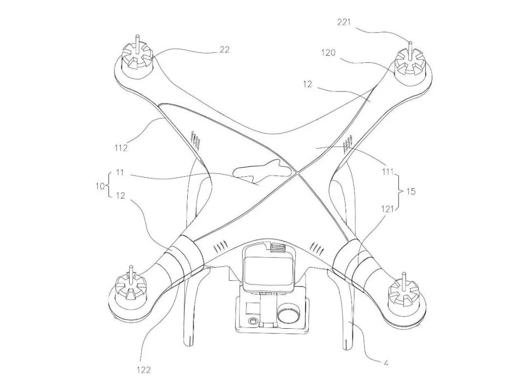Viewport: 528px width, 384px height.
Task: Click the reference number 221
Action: [344, 22]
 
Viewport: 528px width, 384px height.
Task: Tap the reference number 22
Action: [224, 49]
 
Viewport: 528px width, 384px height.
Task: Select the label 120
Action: [328, 52]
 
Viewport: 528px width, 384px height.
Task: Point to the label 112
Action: [121, 148]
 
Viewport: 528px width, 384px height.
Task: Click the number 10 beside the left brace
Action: [100, 186]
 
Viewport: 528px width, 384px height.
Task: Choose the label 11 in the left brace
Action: [120, 173]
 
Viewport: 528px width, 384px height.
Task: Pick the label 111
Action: [388, 172]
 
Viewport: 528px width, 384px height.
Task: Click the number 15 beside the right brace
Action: [411, 192]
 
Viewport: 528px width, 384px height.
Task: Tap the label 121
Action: [388, 209]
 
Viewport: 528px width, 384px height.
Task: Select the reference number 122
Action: [144, 370]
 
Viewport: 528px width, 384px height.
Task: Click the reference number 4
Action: [386, 363]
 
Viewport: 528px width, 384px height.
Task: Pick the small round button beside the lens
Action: [252, 321]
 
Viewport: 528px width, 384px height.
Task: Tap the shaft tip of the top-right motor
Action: [411, 43]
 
